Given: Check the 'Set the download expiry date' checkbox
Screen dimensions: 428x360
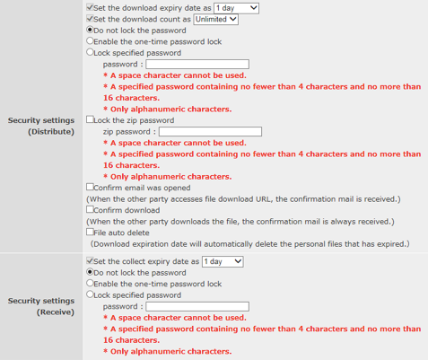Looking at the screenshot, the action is [90, 8].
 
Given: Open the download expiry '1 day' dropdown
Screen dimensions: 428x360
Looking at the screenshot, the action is [236, 8].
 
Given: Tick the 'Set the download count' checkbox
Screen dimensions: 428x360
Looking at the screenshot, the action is [90, 19].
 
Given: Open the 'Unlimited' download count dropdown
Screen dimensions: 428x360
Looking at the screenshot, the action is [215, 19].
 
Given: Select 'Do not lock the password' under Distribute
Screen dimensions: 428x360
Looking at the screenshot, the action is [90, 31].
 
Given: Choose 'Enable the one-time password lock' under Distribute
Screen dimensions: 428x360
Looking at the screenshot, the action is [90, 41].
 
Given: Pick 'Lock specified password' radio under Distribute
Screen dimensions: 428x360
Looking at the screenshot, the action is [90, 53].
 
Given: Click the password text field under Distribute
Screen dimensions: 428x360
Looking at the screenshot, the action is [197, 65].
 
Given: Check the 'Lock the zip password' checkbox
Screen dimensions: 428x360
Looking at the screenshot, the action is [90, 119].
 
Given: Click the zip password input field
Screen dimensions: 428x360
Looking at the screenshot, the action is [209, 131].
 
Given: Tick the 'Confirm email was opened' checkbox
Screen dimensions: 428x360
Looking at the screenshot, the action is [90, 188].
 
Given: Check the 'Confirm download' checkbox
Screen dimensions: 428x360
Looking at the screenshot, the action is [90, 210].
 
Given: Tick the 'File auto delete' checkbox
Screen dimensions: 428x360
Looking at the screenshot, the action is [90, 232].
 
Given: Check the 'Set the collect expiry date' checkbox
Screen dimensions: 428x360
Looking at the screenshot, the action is [90, 261].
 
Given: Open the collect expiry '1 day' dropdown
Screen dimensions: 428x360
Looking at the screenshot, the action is [222, 261].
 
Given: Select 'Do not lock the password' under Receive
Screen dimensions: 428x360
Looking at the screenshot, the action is [90, 272].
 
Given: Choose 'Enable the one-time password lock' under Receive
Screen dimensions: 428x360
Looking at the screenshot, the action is [90, 283].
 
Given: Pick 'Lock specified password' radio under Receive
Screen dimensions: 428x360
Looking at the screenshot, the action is [90, 294].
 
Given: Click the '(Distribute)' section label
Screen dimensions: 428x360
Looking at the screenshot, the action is [53, 131].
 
